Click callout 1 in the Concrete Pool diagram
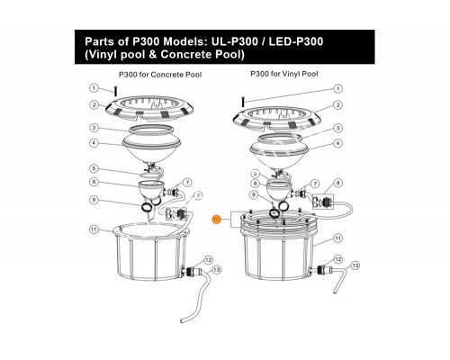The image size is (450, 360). pos(94,87)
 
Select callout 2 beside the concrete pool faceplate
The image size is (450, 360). pos(94,105)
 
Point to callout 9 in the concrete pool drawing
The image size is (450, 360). pos(94,200)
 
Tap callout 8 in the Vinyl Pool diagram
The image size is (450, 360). pos(337,184)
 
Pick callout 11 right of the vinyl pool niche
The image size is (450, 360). pos(337,238)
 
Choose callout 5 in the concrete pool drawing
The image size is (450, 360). pos(94,168)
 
